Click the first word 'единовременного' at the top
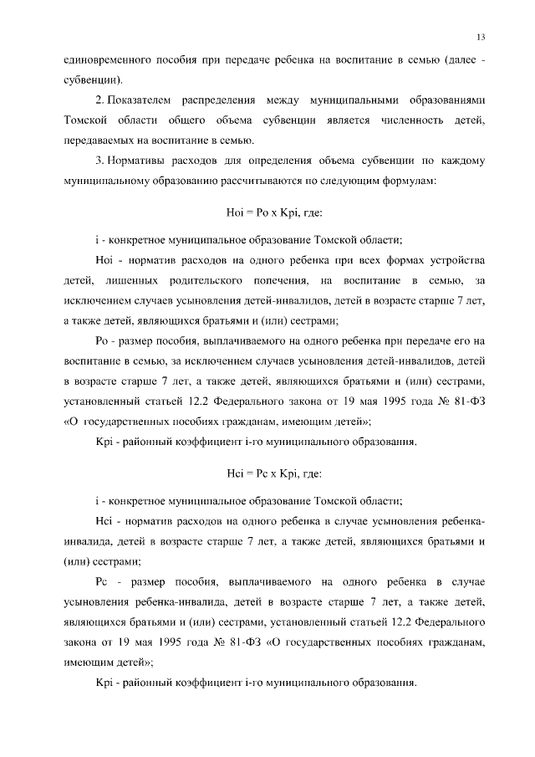pyautogui.click(x=107, y=61)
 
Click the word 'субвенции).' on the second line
pyautogui.click(x=93, y=80)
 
